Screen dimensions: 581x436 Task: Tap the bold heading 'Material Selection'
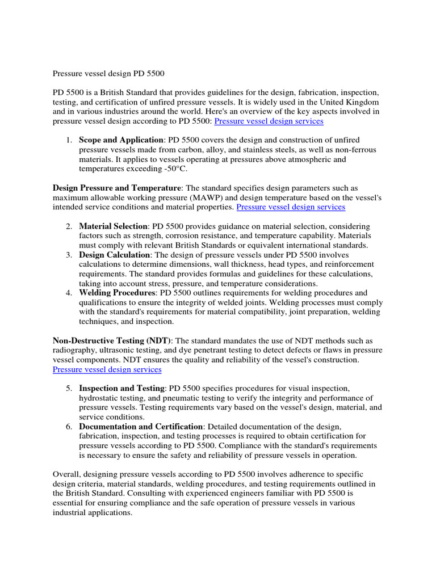[x=113, y=226]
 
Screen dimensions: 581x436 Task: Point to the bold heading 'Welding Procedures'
[x=117, y=293]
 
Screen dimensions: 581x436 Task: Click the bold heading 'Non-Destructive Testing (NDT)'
[x=111, y=341]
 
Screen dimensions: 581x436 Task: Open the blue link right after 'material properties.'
[x=291, y=207]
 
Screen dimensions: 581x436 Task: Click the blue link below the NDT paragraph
[x=107, y=369]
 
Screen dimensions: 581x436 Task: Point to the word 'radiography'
[x=74, y=351]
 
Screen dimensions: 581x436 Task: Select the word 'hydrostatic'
[x=99, y=398]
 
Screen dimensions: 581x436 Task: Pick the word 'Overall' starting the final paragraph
[x=66, y=474]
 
